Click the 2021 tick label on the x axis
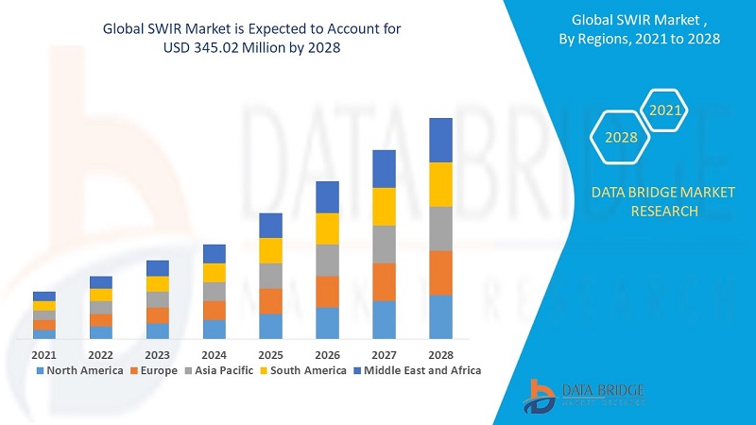[44, 355]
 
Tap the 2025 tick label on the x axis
[271, 355]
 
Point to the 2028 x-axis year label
[440, 355]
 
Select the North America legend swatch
[40, 370]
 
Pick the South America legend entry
[301, 370]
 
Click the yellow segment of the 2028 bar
[440, 184]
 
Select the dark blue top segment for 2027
[384, 168]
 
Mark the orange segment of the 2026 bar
[327, 291]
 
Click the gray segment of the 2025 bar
[271, 275]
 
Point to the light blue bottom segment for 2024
[215, 329]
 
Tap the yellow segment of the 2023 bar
[158, 283]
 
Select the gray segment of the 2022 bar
[101, 307]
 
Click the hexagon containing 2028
[621, 137]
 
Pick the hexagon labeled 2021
[665, 110]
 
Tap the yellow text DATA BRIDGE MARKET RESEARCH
[662, 201]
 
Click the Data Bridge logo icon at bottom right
[541, 395]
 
